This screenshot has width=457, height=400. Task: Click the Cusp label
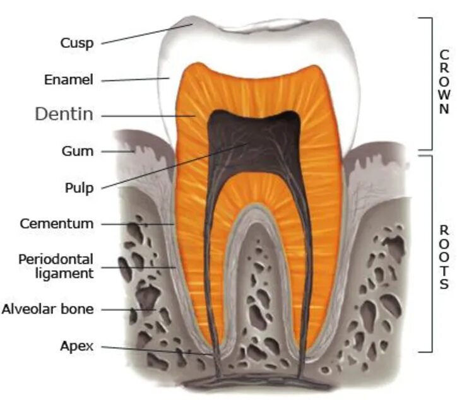coord(77,43)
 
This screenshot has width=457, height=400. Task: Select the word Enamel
coord(69,80)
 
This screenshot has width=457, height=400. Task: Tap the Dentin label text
coord(64,114)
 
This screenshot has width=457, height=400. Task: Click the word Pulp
coord(79,187)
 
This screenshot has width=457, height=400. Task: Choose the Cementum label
coord(56,223)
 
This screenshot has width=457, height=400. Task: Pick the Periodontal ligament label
coord(56,266)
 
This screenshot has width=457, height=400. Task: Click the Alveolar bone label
coord(47,309)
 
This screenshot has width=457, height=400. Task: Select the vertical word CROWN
coord(444,82)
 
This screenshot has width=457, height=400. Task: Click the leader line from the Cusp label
coord(145,34)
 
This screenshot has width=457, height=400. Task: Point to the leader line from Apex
coord(158,351)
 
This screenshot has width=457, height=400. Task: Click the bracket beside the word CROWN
coord(430,82)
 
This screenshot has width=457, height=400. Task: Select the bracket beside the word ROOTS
coord(430,252)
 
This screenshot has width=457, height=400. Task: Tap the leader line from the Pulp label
coord(170,167)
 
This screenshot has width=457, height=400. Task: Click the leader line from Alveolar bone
coord(126,310)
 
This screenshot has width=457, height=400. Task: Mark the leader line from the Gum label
coord(117,151)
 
